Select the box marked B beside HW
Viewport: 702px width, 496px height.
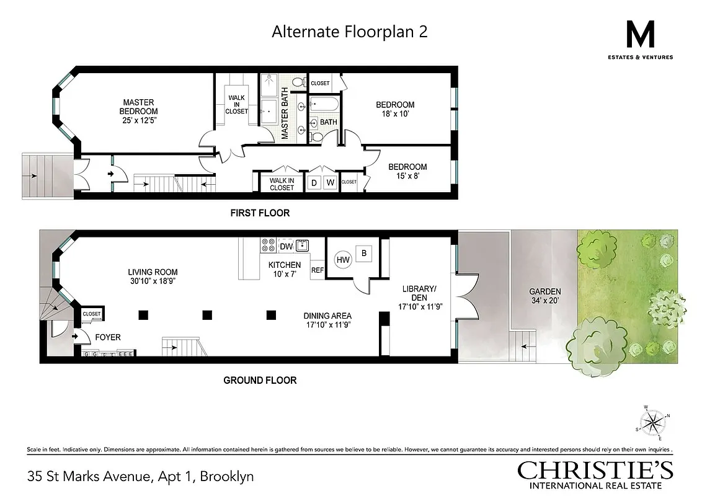(x=365, y=253)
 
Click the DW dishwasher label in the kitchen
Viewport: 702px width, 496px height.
(x=286, y=247)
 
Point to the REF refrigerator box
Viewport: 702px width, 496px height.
(x=318, y=270)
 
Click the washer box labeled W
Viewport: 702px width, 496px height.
(x=330, y=182)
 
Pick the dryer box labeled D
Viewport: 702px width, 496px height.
(x=314, y=182)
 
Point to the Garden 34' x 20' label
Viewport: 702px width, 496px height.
(x=545, y=296)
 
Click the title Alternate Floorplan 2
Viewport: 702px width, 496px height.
(x=349, y=32)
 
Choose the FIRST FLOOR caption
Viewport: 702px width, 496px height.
(x=260, y=213)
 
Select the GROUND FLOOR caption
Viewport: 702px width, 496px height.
(x=260, y=380)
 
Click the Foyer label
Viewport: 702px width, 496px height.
(x=107, y=337)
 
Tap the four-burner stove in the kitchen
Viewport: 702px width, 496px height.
(x=269, y=245)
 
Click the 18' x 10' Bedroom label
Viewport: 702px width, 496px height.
(x=395, y=109)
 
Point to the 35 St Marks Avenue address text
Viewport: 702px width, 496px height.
(x=140, y=477)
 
